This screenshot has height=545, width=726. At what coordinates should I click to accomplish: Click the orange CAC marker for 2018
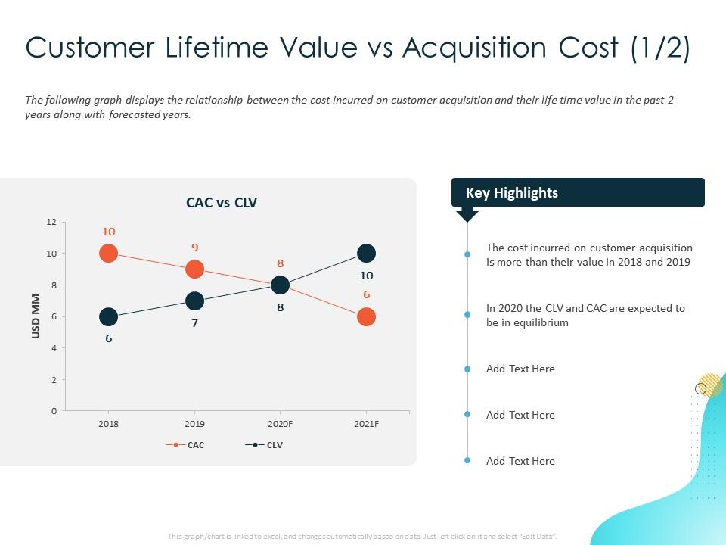click(108, 254)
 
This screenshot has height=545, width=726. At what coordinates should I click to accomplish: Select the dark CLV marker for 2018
click(108, 316)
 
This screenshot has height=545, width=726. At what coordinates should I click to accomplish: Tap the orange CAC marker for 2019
click(194, 269)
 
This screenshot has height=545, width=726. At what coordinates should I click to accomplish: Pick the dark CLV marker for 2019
click(194, 301)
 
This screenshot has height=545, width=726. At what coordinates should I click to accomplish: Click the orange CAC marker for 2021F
click(366, 316)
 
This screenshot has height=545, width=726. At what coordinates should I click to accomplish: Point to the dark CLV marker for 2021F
click(366, 254)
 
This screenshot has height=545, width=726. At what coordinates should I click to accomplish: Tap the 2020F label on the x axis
click(280, 424)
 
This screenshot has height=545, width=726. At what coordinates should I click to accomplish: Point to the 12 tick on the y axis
click(51, 222)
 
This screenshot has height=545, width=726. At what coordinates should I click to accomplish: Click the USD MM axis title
click(36, 316)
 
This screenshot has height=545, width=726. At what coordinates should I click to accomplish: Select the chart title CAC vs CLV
click(222, 202)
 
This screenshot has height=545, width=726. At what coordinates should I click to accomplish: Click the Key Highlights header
click(512, 193)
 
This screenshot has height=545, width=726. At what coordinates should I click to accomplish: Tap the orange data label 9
click(194, 248)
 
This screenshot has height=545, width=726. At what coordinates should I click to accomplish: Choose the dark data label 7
click(194, 323)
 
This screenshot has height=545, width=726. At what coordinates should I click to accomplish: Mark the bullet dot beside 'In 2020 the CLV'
click(467, 315)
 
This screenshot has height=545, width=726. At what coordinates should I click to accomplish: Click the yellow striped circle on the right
click(711, 385)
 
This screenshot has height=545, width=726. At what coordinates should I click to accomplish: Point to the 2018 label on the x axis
click(108, 424)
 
